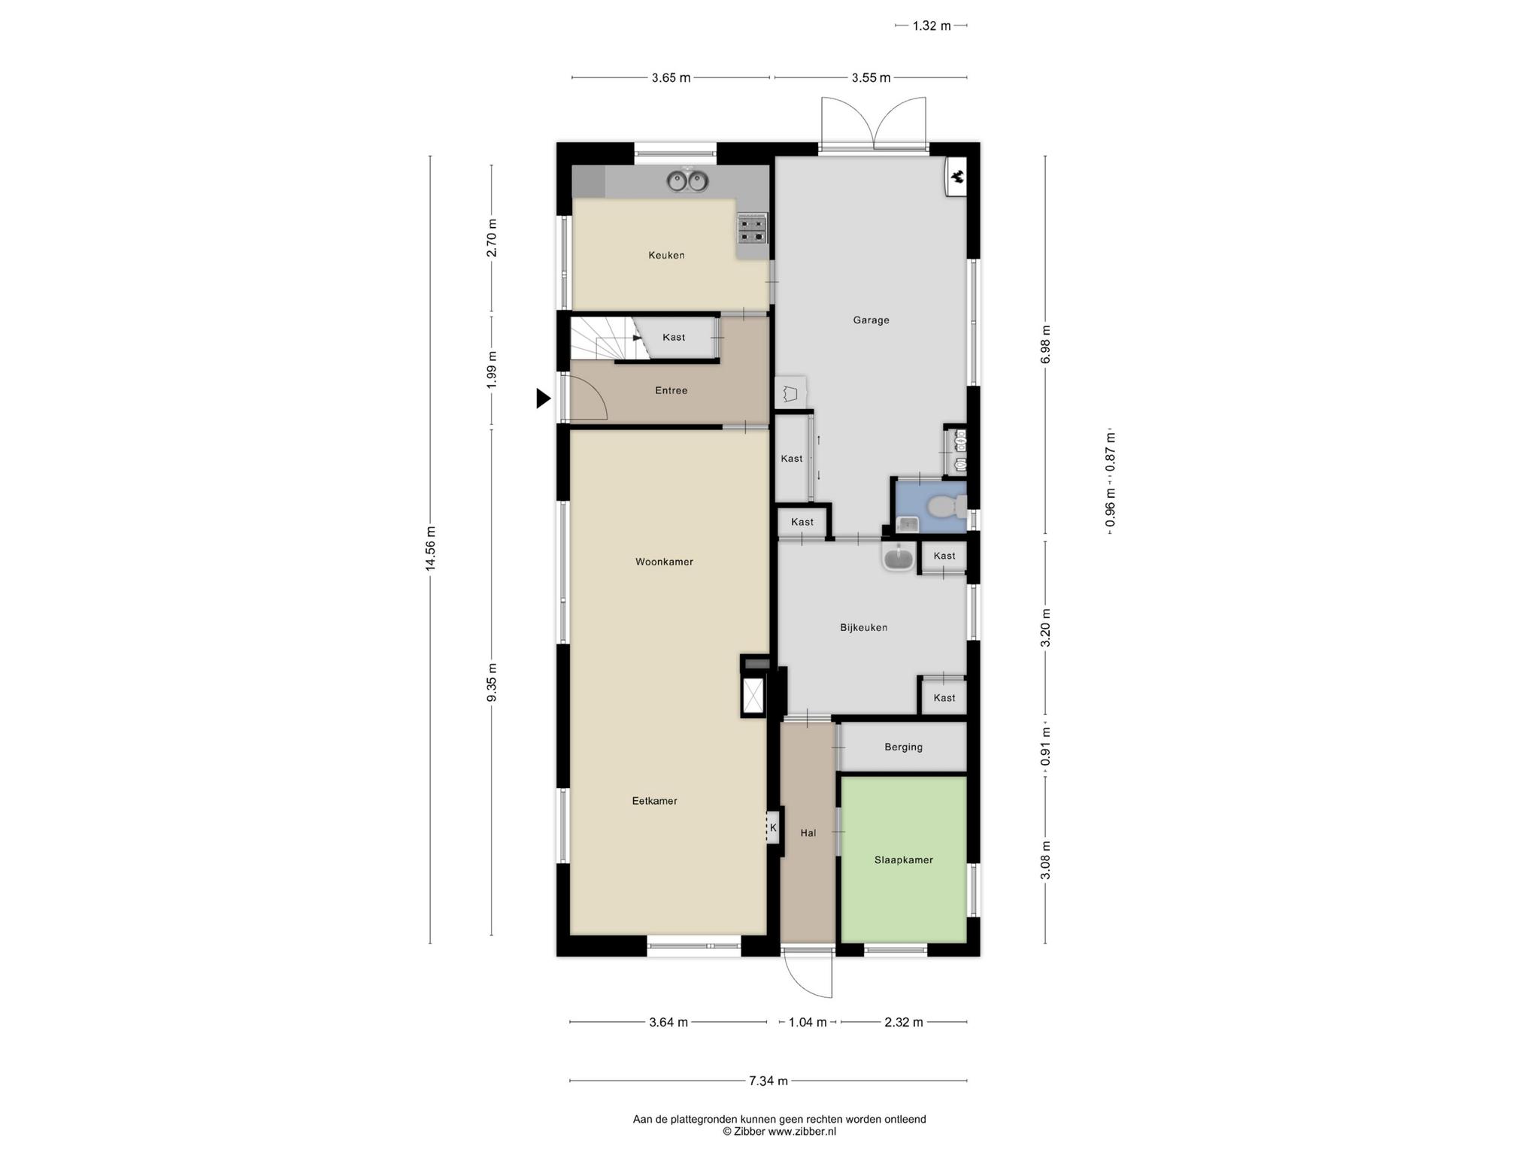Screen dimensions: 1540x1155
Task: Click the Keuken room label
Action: [666, 255]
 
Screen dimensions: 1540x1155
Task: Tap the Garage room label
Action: [871, 320]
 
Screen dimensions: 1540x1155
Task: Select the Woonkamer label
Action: [664, 562]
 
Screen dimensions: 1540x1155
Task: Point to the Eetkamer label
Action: [654, 801]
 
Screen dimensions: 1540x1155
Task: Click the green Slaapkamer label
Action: [903, 859]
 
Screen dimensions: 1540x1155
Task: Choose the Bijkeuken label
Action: [863, 627]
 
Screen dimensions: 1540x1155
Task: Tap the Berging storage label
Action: [903, 747]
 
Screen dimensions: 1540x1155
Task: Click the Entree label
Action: [671, 390]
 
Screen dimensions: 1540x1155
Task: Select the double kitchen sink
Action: [687, 180]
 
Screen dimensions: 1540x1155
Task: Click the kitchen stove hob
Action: [753, 229]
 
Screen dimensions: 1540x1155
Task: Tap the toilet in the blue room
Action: [946, 508]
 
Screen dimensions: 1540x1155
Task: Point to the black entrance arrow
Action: [543, 398]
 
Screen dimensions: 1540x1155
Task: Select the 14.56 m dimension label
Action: [430, 549]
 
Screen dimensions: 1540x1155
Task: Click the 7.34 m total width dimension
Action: [768, 1081]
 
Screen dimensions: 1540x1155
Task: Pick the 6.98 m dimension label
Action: [1045, 344]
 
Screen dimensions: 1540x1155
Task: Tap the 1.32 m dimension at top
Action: [932, 26]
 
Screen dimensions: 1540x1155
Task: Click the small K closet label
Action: [773, 828]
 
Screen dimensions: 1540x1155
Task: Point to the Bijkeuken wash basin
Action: [898, 558]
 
